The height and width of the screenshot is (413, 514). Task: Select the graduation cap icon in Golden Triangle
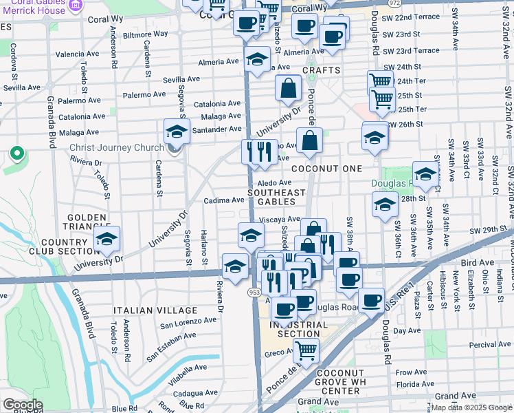(107, 240)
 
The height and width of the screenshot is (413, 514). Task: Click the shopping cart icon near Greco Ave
(306, 351)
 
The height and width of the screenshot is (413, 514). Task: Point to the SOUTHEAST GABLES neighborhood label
(276, 197)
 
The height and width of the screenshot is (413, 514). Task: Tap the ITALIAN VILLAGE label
(148, 311)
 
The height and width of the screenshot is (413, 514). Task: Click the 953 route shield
(254, 293)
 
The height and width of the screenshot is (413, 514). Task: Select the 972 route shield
(394, 3)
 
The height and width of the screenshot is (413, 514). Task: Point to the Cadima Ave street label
(224, 200)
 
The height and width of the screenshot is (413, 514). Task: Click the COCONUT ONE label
(326, 169)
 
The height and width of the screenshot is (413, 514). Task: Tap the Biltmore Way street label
(145, 33)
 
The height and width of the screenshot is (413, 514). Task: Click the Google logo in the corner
(23, 405)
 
